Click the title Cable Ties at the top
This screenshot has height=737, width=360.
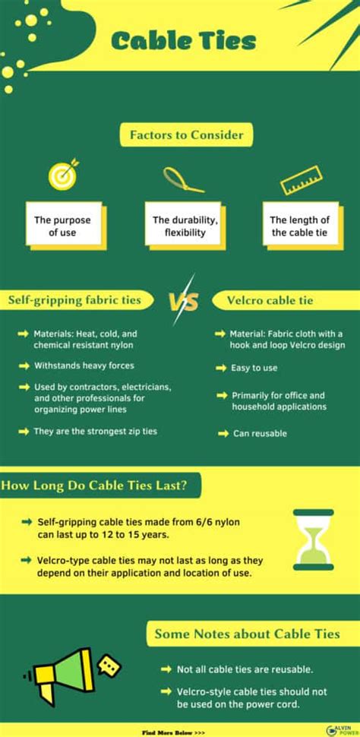click(184, 42)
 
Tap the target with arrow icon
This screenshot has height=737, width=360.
click(63, 175)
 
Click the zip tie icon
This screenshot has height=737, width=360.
click(182, 179)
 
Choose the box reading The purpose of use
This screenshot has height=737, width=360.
click(63, 226)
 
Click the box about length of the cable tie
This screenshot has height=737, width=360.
click(299, 226)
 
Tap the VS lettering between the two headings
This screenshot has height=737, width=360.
click(183, 302)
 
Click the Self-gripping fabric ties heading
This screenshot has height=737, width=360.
click(75, 300)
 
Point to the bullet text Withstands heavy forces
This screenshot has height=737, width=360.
click(84, 365)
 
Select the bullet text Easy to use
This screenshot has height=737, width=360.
click(254, 368)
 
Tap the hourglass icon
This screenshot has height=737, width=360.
click(314, 539)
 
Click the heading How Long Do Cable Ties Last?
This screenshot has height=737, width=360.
click(100, 485)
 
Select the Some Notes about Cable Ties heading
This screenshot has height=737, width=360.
click(247, 634)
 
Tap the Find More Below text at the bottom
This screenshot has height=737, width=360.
click(173, 732)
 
